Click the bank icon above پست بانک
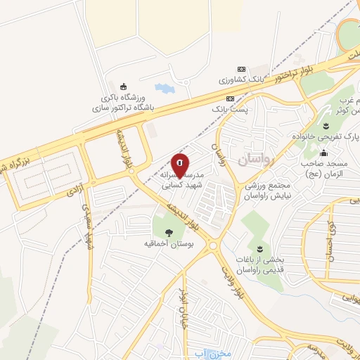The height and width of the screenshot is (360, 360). [230, 99]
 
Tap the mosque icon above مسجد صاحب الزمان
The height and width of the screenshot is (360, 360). [323, 153]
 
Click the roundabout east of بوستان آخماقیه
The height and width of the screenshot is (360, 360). [212, 245]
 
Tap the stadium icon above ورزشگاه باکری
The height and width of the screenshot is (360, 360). [124, 85]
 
